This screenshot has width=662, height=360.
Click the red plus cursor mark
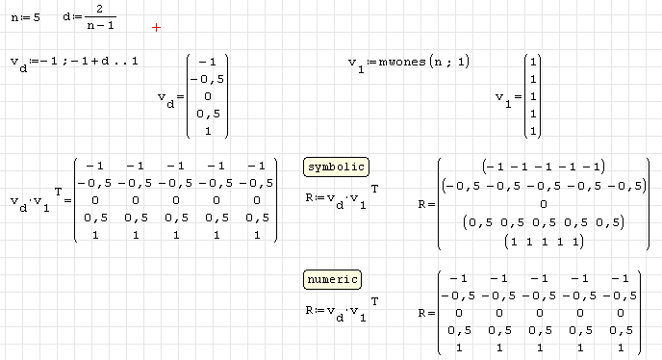pyautogui.click(x=156, y=28)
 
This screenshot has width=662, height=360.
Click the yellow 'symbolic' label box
pyautogui.click(x=336, y=167)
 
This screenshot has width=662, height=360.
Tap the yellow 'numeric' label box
pyautogui.click(x=332, y=280)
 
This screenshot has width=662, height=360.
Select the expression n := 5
pyautogui.click(x=25, y=17)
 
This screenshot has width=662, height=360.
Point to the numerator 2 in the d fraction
pyautogui.click(x=100, y=9)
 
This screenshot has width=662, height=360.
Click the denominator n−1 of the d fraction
pyautogui.click(x=100, y=25)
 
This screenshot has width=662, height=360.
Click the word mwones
pyautogui.click(x=402, y=63)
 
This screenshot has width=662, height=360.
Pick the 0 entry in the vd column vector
pyautogui.click(x=207, y=96)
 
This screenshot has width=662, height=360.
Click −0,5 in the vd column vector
pyautogui.click(x=207, y=80)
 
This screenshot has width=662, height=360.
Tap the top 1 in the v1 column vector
pyautogui.click(x=533, y=62)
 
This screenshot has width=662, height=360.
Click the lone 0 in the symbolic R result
pyautogui.click(x=544, y=204)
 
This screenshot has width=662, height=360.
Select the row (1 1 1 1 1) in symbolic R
pyautogui.click(x=544, y=242)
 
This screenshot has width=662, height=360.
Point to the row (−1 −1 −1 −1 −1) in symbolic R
pyautogui.click(x=544, y=167)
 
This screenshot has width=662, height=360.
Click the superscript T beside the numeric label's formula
pyautogui.click(x=374, y=301)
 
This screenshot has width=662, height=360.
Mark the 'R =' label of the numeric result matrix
pyautogui.click(x=426, y=314)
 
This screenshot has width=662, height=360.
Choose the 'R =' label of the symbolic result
pyautogui.click(x=426, y=204)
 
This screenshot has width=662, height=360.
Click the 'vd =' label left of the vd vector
pyautogui.click(x=171, y=100)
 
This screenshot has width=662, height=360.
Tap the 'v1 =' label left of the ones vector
pyautogui.click(x=509, y=100)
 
